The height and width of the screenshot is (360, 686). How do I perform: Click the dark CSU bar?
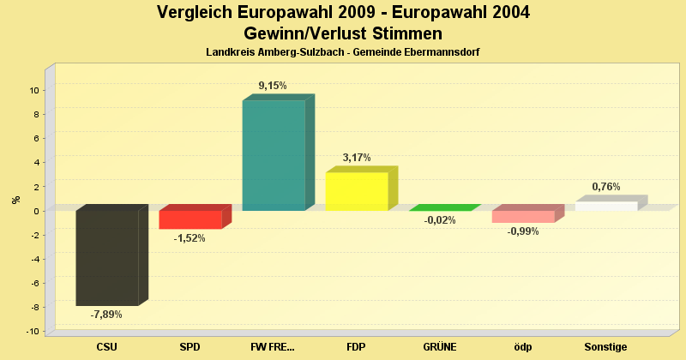107,257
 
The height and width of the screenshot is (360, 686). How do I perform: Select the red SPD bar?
190,219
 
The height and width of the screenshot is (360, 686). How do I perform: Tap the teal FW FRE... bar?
274,155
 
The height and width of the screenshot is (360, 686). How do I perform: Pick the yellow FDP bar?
357,191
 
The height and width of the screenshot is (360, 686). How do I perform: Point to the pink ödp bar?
523,216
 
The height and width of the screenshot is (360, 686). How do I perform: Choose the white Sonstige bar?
606,206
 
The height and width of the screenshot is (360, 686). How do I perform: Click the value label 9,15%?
273,86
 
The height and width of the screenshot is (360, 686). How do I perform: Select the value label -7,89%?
106,315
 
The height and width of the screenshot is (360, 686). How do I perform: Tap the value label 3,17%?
356,158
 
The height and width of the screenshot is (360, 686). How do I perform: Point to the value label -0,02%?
439,220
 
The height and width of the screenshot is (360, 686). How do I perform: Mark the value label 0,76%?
605,187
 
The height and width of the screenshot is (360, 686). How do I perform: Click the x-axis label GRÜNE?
440,347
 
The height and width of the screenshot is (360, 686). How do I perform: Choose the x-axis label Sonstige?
605,347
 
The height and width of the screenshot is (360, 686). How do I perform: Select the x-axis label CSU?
107,347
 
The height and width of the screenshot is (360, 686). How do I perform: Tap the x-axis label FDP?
357,347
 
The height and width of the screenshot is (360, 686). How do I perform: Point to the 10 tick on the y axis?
34,90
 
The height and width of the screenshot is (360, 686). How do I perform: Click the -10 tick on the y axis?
33,332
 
